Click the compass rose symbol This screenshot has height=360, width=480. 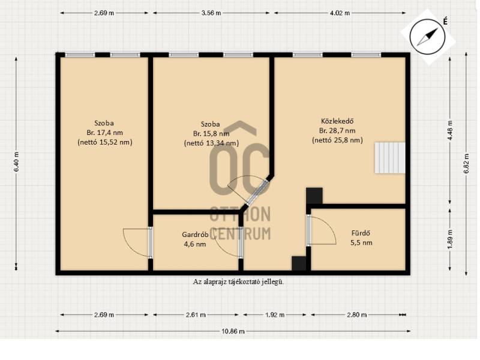(427, 37)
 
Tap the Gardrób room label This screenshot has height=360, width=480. (195, 235)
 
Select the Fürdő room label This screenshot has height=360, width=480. (361, 233)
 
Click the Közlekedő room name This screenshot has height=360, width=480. (337, 121)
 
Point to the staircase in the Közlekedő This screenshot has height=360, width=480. (390, 158)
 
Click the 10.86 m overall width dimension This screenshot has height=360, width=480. (233, 331)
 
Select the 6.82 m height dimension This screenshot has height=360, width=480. (466, 163)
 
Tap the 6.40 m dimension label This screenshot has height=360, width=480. (16, 162)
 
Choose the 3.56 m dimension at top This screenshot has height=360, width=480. (211, 13)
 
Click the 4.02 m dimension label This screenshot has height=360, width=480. (340, 13)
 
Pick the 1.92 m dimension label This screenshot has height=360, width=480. (275, 314)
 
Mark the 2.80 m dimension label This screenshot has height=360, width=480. (356, 314)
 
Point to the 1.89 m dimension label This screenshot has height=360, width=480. (449, 239)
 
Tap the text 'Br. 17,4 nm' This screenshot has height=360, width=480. (104, 133)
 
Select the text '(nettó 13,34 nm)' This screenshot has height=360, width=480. (212, 143)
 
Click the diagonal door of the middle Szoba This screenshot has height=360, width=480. (257, 193)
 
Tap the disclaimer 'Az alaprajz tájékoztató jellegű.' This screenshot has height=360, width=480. (238, 282)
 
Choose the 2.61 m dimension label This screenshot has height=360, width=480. (196, 314)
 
